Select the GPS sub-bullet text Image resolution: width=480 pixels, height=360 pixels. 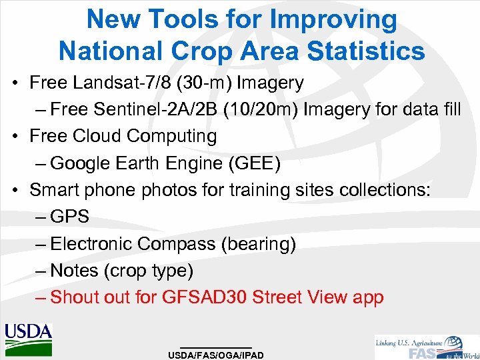click(x=69, y=217)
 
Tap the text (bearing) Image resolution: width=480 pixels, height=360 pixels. click(x=259, y=245)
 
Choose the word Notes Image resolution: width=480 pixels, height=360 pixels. click(x=74, y=271)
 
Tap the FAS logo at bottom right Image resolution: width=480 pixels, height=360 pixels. click(x=427, y=347)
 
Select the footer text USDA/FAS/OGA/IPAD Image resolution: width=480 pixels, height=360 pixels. click(x=216, y=355)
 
